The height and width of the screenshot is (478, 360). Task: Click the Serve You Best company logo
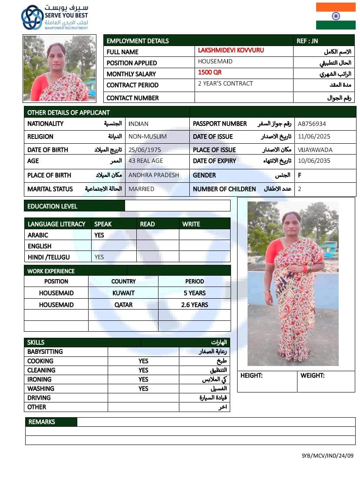(32, 17)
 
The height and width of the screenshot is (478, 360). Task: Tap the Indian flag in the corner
(336, 16)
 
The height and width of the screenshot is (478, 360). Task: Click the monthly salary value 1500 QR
(210, 73)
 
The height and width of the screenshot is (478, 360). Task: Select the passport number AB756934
(312, 124)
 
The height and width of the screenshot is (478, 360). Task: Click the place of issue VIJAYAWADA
(315, 150)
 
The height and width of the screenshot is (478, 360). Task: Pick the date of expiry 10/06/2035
(314, 161)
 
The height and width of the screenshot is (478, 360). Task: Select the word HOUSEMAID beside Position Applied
(215, 61)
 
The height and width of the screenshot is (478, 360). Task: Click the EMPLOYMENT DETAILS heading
(138, 41)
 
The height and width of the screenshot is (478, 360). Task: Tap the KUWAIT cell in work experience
(123, 293)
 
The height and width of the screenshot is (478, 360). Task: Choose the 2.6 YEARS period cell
(195, 305)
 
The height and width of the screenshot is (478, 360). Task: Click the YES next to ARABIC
(99, 235)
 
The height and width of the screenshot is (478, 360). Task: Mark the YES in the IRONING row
(143, 379)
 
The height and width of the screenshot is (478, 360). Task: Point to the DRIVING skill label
(39, 398)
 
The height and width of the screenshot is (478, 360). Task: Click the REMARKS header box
(51, 422)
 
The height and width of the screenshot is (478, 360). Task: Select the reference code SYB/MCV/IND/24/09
(327, 456)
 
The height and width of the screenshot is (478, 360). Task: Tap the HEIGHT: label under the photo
(251, 376)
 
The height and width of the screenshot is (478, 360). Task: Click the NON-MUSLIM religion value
(148, 136)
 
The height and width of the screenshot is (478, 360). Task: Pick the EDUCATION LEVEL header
(52, 206)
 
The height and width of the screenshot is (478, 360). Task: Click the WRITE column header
(191, 224)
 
